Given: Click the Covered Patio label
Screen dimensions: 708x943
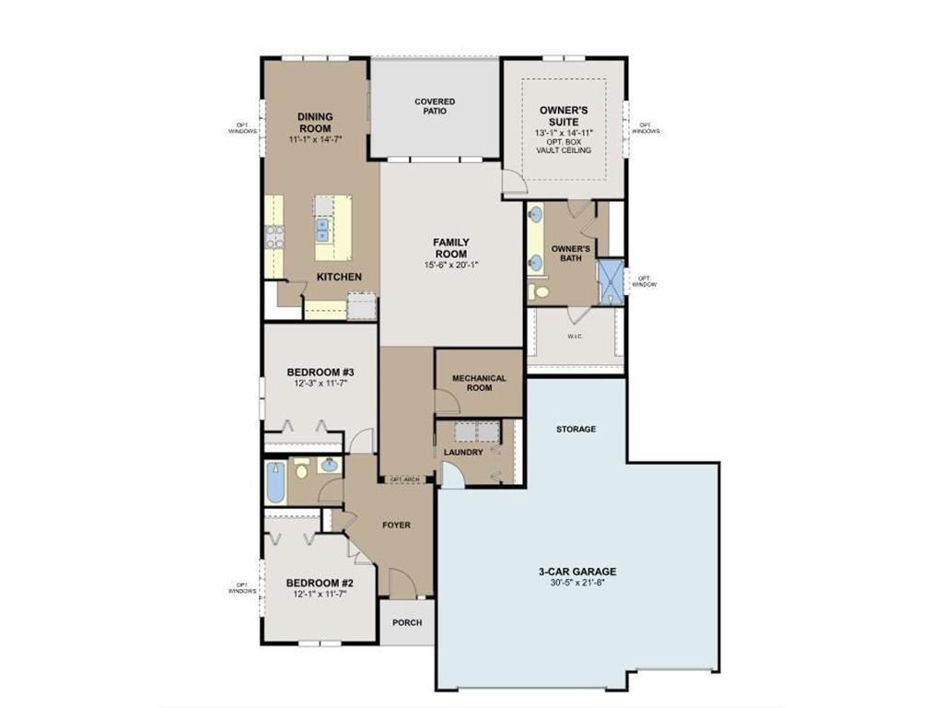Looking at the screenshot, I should pyautogui.click(x=435, y=106).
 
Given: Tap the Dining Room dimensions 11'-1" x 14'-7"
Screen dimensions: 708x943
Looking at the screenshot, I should pyautogui.click(x=315, y=137).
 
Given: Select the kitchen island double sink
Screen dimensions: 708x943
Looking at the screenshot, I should pyautogui.click(x=323, y=228).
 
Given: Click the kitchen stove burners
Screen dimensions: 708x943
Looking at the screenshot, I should pyautogui.click(x=274, y=237).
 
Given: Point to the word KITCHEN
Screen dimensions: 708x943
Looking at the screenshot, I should pyautogui.click(x=339, y=277).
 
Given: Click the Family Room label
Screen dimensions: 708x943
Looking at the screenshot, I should pyautogui.click(x=450, y=248).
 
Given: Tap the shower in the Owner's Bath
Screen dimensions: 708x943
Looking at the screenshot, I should pyautogui.click(x=610, y=282).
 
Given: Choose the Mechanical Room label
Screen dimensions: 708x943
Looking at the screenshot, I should pyautogui.click(x=479, y=383).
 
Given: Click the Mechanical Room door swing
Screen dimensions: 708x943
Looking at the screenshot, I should pyautogui.click(x=446, y=401).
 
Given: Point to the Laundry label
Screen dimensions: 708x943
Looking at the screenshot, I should pyautogui.click(x=462, y=453).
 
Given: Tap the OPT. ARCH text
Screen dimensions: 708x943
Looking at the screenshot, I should pyautogui.click(x=404, y=479).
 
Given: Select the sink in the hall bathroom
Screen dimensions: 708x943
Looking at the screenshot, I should pyautogui.click(x=329, y=466).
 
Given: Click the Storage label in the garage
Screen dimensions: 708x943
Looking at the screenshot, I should pyautogui.click(x=576, y=429).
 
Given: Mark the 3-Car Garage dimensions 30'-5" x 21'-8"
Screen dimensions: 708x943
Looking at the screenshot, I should pyautogui.click(x=577, y=583).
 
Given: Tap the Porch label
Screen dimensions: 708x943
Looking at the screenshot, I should pyautogui.click(x=407, y=622).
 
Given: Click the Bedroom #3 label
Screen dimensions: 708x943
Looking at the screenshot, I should pyautogui.click(x=320, y=372).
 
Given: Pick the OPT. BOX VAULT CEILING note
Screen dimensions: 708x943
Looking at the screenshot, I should pyautogui.click(x=564, y=146).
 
